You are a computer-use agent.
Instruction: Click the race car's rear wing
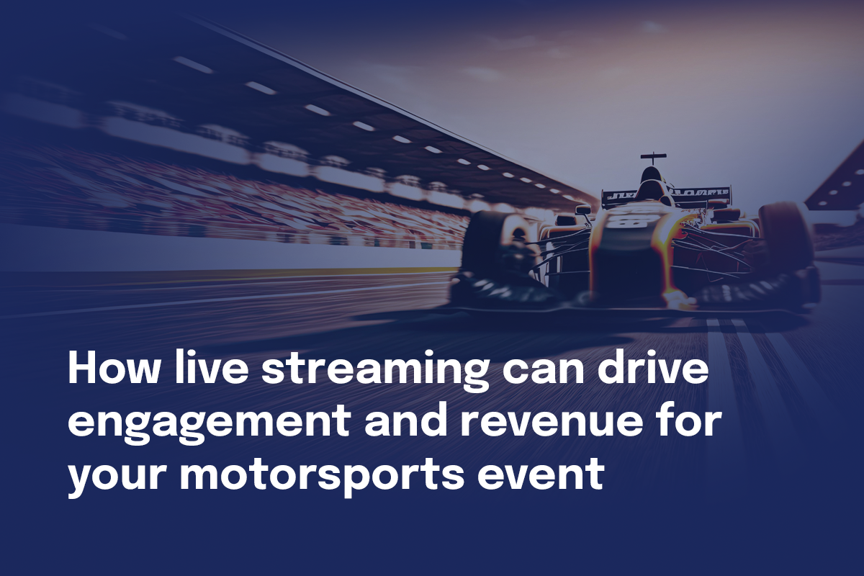tap(666, 195)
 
